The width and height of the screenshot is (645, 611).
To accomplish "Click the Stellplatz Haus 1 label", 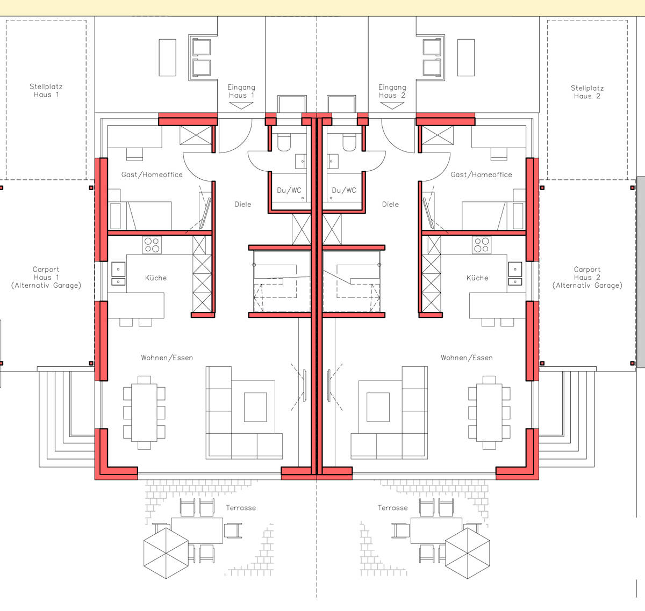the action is [46, 91].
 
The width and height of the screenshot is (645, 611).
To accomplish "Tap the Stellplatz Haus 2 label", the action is [587, 92].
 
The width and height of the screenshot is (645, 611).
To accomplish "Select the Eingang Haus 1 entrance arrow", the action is [241, 106].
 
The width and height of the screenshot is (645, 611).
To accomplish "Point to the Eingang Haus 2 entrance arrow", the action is [392, 106].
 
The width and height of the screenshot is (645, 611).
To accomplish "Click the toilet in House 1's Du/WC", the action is [284, 142].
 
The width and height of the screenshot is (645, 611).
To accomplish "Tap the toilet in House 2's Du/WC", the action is [349, 142].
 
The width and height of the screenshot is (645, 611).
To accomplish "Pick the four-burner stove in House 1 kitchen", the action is [152, 245].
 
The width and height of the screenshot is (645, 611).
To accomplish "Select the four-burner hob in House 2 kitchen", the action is [482, 245].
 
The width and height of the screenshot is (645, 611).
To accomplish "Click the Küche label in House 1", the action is [156, 278].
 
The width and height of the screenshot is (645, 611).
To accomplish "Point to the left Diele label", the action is [243, 204].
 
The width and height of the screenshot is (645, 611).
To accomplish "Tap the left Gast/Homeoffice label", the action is [152, 174].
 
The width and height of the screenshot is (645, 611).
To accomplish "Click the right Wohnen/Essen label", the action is [467, 358].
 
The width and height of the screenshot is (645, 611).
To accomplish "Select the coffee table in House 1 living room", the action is [255, 407].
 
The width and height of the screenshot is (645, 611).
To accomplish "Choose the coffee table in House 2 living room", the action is [378, 407].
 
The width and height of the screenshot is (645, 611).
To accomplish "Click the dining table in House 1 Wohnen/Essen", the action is [144, 412].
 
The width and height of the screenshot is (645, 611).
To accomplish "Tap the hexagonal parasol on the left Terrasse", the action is [166, 554].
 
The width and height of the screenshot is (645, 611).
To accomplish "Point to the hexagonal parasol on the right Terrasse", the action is [468, 554].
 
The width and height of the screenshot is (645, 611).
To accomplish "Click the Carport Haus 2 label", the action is [587, 277].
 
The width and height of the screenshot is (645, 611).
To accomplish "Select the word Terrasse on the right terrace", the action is [393, 508].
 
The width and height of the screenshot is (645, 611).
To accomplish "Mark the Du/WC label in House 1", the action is [289, 191].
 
